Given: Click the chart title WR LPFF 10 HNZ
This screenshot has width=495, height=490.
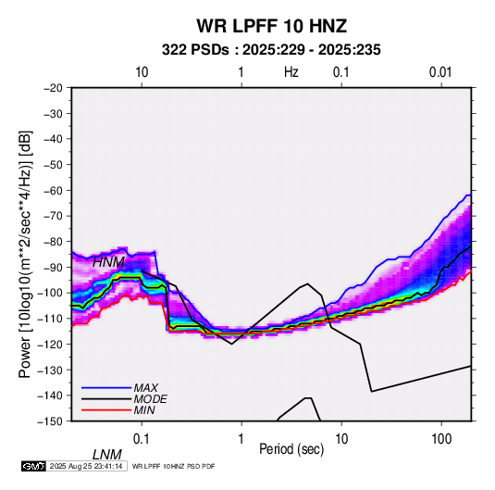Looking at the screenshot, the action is (x=272, y=26).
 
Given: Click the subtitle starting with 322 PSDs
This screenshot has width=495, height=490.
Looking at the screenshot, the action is (x=271, y=50).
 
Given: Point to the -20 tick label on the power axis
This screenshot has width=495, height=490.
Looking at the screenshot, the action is (x=53, y=88).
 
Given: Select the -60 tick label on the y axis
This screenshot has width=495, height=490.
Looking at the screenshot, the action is (x=53, y=190).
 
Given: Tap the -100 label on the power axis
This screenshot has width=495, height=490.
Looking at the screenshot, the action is (x=50, y=293).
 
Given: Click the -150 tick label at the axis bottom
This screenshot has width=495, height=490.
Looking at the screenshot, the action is (x=50, y=421).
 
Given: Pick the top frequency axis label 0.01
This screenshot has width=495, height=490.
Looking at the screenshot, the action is (x=440, y=72).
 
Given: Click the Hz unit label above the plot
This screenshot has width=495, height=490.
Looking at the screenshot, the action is (x=291, y=72).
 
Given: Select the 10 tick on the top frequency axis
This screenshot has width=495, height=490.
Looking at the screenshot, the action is (x=142, y=72).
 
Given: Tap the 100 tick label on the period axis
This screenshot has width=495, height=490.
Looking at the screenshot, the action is (x=441, y=439).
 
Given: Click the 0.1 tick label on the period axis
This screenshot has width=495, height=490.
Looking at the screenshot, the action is (x=142, y=439).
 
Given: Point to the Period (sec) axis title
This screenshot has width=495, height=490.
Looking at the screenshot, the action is (x=291, y=449).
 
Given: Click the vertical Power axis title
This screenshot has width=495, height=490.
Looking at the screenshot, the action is (x=25, y=255).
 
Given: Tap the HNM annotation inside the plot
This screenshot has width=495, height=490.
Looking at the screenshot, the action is (x=108, y=262).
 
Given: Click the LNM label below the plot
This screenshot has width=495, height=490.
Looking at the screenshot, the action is (x=107, y=455).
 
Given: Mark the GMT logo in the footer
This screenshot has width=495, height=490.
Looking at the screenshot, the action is (x=34, y=466).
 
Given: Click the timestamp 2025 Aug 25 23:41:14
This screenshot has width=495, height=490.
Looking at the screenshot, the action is (x=86, y=466).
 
